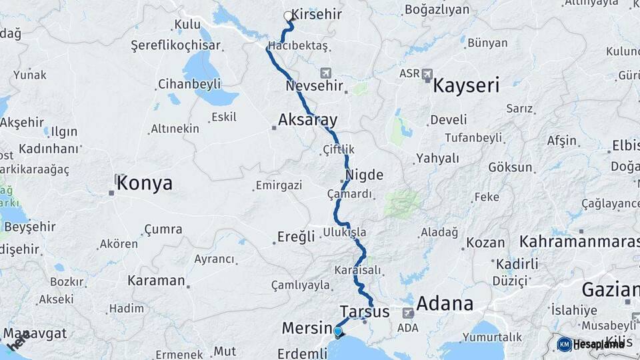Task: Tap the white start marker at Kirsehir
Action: pyautogui.click(x=288, y=15)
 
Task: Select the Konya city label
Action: pyautogui.click(x=144, y=183)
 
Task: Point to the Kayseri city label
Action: pyautogui.click(x=466, y=85)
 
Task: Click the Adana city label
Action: pyautogui.click(x=445, y=305)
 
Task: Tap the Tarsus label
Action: pyautogui.click(x=364, y=311)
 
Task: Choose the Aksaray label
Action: pyautogui.click(x=307, y=120)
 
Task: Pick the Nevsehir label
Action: pyautogui.click(x=314, y=86)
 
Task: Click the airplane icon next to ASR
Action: pyautogui.click(x=427, y=73)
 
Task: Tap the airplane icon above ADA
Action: pyautogui.click(x=408, y=313)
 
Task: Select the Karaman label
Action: pyautogui.click(x=155, y=280)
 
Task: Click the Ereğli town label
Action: pyautogui.click(x=296, y=237)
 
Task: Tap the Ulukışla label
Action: pyautogui.click(x=344, y=232)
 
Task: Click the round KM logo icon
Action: pyautogui.click(x=564, y=344)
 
